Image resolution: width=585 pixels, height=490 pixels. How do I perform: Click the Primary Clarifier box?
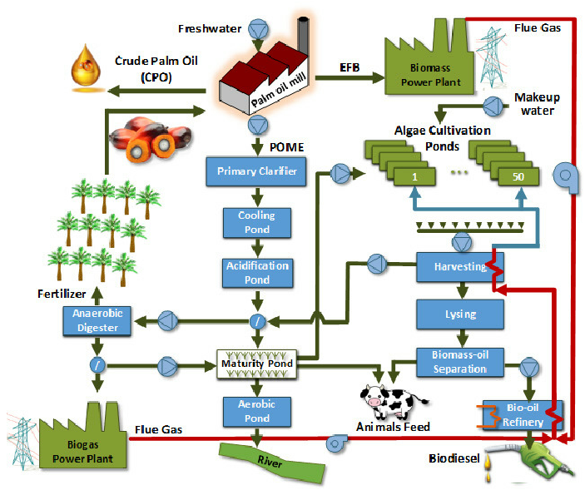(x=257, y=172)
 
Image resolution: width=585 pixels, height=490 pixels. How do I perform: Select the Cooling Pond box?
(x=257, y=222)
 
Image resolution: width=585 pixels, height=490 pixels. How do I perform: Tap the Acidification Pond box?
(x=257, y=272)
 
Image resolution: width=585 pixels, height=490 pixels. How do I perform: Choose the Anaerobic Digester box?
(x=97, y=320)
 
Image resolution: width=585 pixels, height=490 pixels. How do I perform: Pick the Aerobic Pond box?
(x=257, y=410)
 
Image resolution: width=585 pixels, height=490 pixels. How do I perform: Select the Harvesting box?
(x=459, y=266)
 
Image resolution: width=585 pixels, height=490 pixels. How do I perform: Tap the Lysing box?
(x=459, y=314)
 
